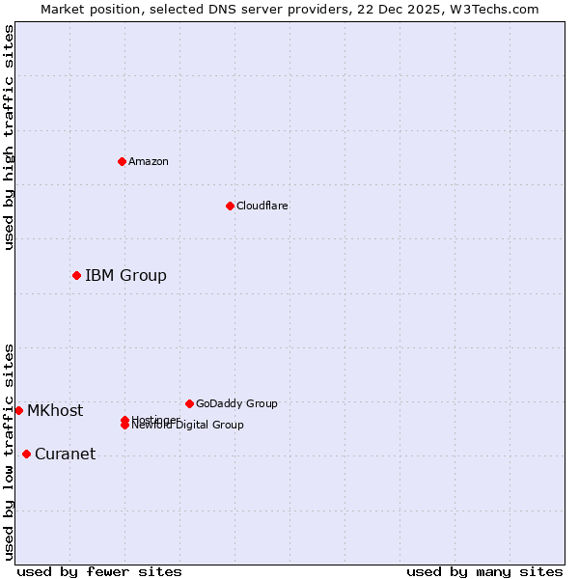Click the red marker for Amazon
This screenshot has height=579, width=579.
122,161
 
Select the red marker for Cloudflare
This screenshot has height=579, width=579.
230,206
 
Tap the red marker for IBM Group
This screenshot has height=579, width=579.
76,276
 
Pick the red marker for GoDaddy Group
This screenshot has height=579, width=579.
189,403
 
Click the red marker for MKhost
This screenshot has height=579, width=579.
18,410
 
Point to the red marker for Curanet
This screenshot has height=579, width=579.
26,455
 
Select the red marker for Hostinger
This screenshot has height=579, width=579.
124,420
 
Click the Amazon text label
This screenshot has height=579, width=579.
148,161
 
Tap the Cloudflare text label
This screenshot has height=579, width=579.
262,206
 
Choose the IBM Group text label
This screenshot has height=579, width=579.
125,276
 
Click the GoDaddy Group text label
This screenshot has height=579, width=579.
236,403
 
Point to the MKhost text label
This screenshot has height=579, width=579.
55,411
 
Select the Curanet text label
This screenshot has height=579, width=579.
65,455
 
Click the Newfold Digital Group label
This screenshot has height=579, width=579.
188,426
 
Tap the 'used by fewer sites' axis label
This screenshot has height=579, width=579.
99,571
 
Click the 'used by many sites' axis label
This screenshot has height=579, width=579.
484,571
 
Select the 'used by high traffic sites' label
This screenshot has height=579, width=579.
9,138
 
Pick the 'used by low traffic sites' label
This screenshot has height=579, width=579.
9,451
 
